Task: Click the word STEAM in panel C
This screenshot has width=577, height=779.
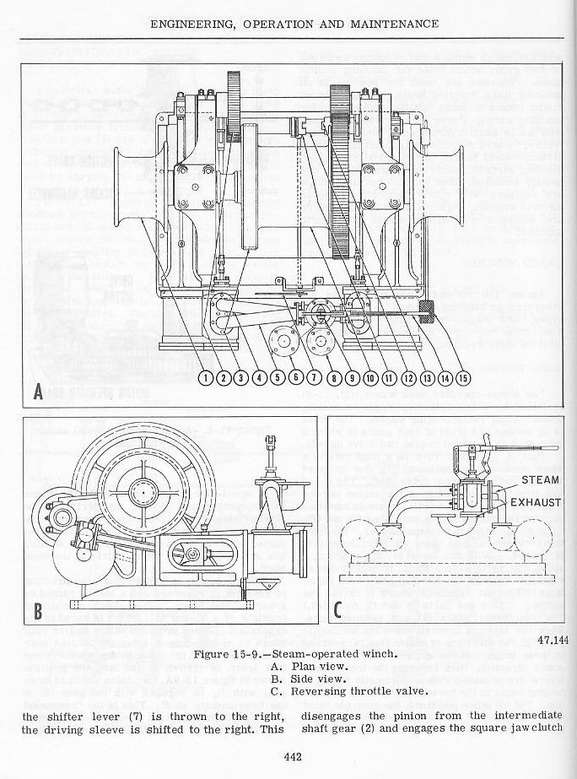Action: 540,480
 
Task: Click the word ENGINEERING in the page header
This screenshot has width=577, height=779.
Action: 193,24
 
